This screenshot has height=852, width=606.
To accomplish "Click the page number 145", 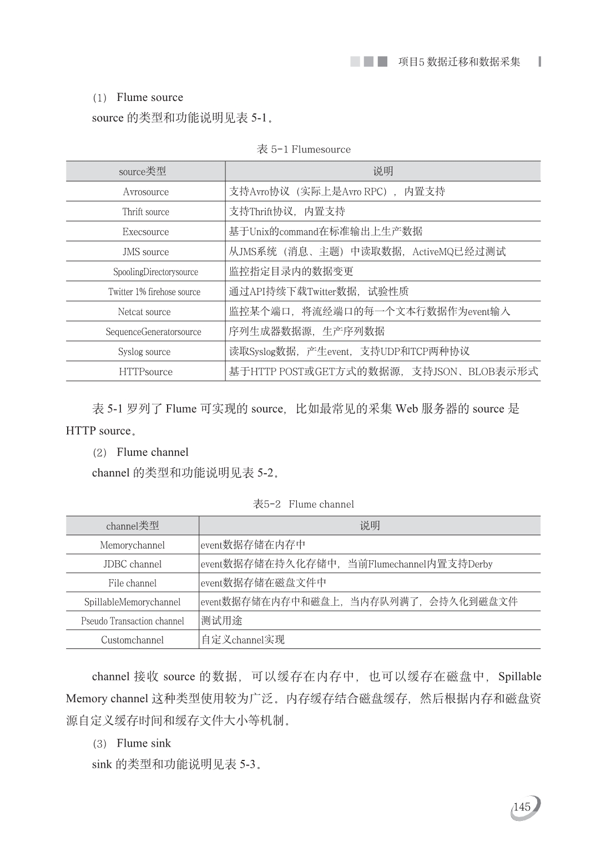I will click(522, 807).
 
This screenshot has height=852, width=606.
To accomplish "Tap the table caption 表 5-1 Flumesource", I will click(304, 149).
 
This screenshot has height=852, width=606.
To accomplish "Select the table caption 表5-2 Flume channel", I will click(304, 504).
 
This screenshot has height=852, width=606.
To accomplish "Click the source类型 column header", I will click(143, 171).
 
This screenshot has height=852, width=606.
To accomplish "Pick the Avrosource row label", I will click(145, 192).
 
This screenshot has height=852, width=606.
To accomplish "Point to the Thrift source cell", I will click(145, 212).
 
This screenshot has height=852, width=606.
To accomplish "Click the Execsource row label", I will click(145, 232).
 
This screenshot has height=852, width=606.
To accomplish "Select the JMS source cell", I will click(145, 252).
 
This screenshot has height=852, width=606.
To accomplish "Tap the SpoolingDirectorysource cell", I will click(155, 272).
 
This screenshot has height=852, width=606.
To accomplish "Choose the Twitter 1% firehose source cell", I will click(154, 292).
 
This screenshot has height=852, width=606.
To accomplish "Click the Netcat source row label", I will click(144, 312).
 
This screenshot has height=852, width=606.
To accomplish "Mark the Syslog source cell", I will click(144, 352).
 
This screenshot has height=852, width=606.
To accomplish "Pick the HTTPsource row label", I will click(145, 372).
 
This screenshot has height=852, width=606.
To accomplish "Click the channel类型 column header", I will click(133, 526).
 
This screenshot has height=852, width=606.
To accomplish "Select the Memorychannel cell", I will click(133, 545).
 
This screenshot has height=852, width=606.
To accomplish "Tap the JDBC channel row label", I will click(133, 564).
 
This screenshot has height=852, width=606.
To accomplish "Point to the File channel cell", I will click(133, 583).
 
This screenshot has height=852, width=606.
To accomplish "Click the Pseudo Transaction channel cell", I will click(133, 621).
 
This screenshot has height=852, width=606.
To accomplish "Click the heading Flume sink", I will click(144, 743).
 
